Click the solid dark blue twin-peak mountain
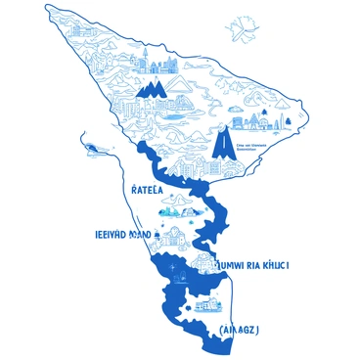coord(152,91)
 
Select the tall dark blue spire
coord(222,147)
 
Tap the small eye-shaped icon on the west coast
coord(93,148)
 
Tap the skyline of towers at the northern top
coord(158,64)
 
